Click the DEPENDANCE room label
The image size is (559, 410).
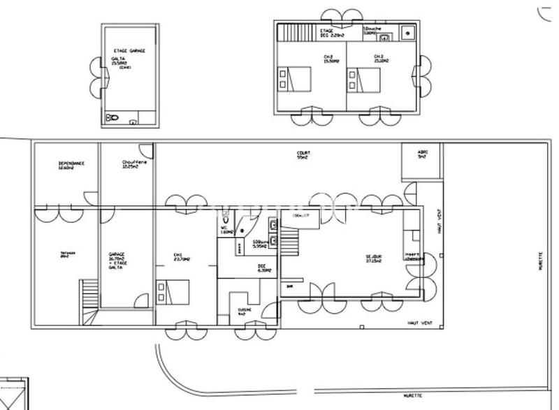(71, 165)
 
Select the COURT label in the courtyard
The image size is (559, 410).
(303, 154)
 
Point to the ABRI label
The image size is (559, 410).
(422, 154)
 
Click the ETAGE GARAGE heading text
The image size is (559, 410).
(129, 52)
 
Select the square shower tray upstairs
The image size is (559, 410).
(409, 33)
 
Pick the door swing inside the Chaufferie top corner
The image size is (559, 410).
(147, 150)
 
